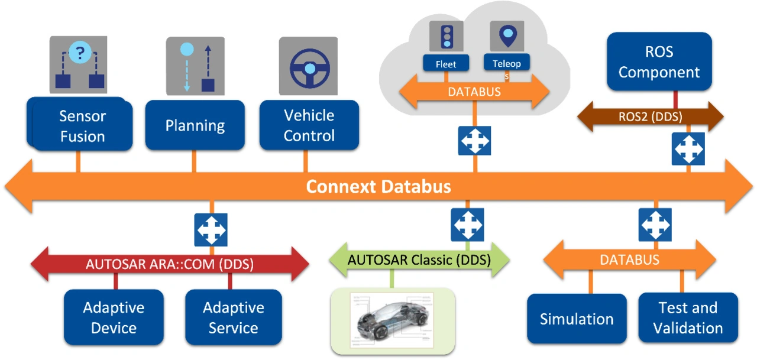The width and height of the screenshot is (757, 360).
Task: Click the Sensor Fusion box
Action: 82,125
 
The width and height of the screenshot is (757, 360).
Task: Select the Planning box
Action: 195,125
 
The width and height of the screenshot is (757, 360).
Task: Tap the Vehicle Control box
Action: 309,125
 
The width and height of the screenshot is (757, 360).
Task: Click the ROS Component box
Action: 659,61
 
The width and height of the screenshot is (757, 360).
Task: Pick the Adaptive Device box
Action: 114,317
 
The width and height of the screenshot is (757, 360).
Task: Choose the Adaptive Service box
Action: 233,317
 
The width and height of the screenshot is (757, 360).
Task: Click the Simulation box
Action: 577,319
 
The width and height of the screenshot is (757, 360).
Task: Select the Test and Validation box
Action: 688,317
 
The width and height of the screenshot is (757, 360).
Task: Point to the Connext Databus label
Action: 378,187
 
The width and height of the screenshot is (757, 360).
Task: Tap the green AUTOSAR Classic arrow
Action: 419,260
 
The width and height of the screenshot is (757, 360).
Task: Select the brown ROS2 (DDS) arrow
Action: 650,116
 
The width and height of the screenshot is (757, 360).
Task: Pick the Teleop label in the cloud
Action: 506,62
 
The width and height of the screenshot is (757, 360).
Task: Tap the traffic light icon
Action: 447,37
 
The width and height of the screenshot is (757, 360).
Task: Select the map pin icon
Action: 507,36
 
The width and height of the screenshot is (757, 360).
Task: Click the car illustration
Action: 393,318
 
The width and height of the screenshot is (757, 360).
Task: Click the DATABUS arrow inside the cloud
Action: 474,92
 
